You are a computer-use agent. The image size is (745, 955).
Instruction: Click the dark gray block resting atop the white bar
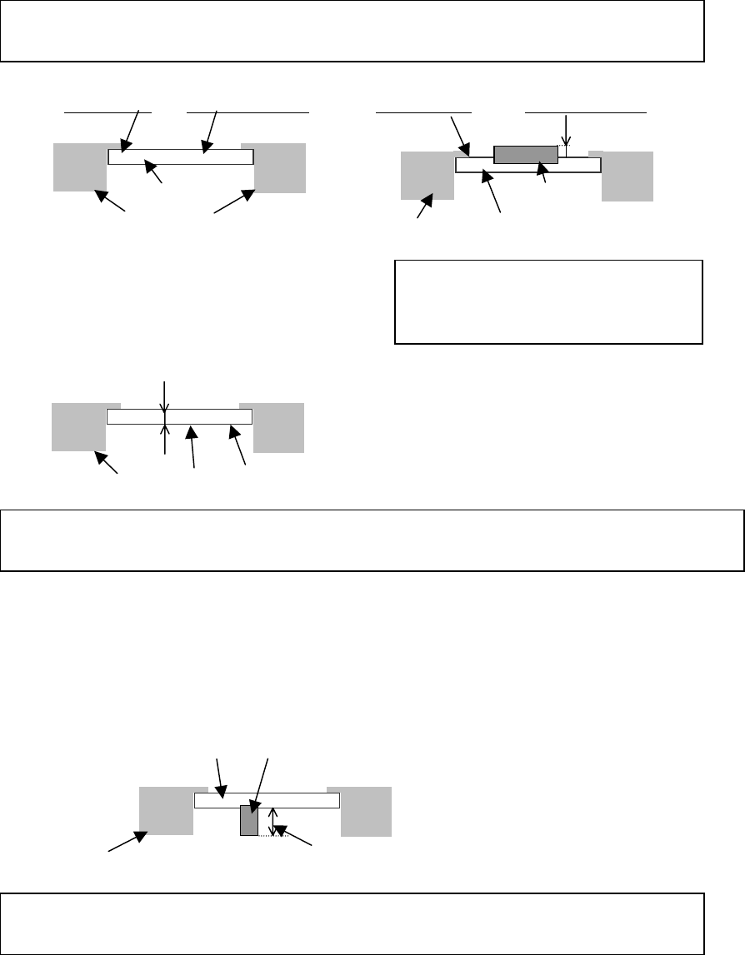525,154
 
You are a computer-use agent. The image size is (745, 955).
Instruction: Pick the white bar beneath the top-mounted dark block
527,166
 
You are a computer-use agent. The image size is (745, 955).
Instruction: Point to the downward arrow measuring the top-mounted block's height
566,131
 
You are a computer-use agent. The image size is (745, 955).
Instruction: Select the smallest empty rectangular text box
547,301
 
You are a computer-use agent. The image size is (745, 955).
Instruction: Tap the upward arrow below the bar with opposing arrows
165,439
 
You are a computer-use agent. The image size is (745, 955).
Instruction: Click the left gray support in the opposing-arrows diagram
79,427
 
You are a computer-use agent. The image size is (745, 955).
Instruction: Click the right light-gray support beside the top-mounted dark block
627,176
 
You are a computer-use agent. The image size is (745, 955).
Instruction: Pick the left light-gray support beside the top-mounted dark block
427,176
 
